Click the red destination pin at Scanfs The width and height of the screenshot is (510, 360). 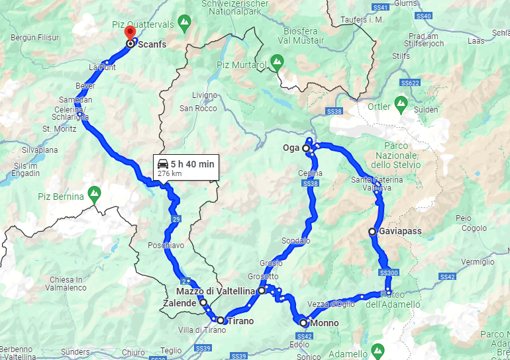(x=130, y=32)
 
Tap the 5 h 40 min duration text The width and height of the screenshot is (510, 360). (x=192, y=163)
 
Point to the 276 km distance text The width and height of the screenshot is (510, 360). (x=170, y=173)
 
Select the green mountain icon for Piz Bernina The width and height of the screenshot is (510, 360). (x=95, y=195)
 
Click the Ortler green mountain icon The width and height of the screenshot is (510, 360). (x=401, y=104)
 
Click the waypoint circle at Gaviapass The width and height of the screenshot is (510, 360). (x=373, y=232)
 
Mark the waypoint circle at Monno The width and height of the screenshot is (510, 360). (x=303, y=323)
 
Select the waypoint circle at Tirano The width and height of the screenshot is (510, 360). (x=221, y=320)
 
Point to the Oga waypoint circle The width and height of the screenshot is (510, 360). (x=306, y=148)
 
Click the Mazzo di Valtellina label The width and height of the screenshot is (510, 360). (x=216, y=291)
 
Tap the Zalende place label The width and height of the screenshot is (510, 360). (x=179, y=303)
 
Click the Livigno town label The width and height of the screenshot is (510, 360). (x=204, y=95)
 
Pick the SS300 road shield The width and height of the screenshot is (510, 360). (x=389, y=273)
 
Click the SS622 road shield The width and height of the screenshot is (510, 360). (x=411, y=83)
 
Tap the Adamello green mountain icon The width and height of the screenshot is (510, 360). (x=378, y=349)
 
